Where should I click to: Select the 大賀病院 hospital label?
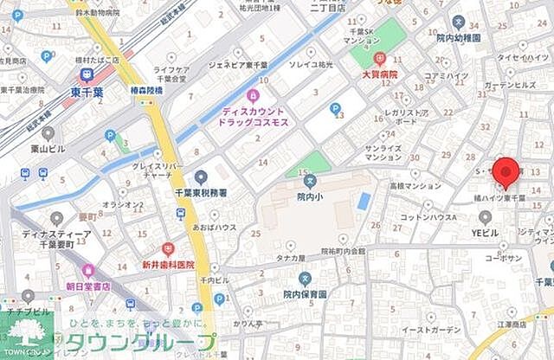pos(379,75)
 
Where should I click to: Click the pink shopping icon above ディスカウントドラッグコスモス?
pos(253,94)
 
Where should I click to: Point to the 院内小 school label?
pos(310,196)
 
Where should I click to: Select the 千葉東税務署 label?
pos(201,193)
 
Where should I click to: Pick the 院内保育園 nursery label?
pos(305,294)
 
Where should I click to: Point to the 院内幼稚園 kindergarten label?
pos(459,38)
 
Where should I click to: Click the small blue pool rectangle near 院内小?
pos(364,201)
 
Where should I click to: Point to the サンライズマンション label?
pos(383,153)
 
